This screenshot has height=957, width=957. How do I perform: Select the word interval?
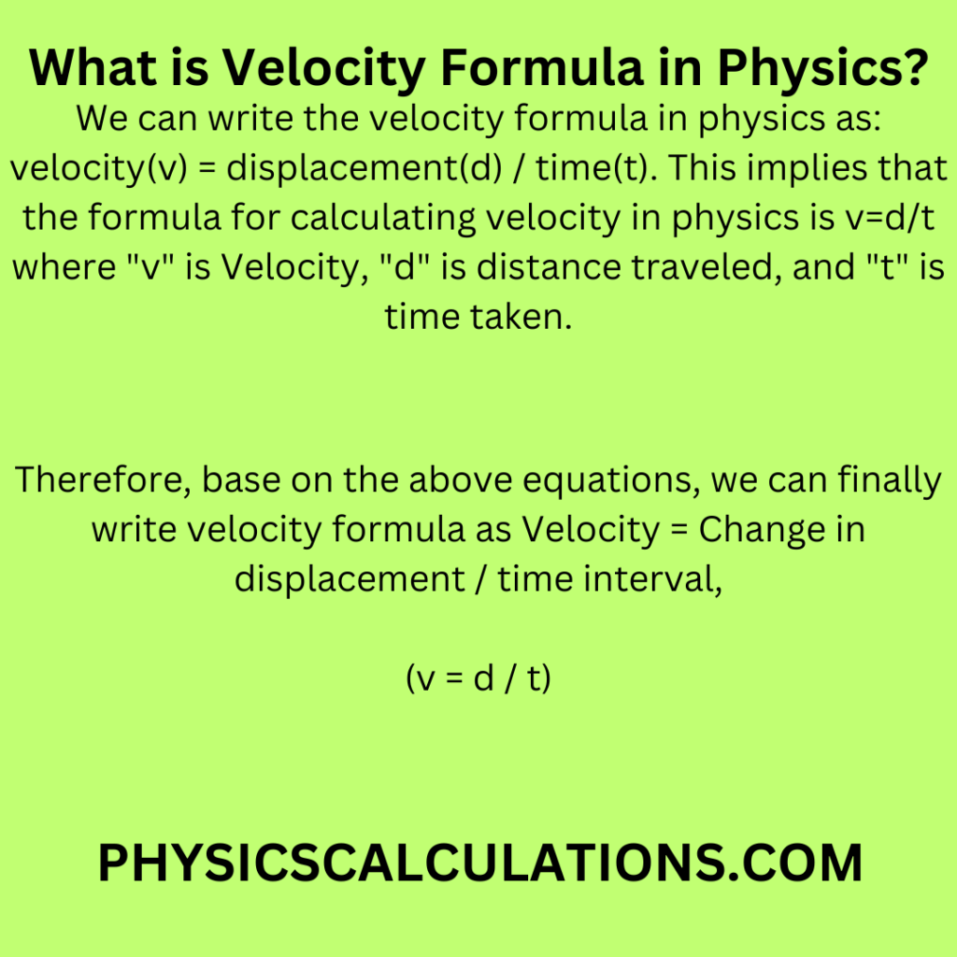pos(653,579)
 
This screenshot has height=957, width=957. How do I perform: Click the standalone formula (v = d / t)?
pos(478,678)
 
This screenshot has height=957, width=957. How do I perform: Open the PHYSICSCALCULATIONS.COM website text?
pos(478,863)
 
